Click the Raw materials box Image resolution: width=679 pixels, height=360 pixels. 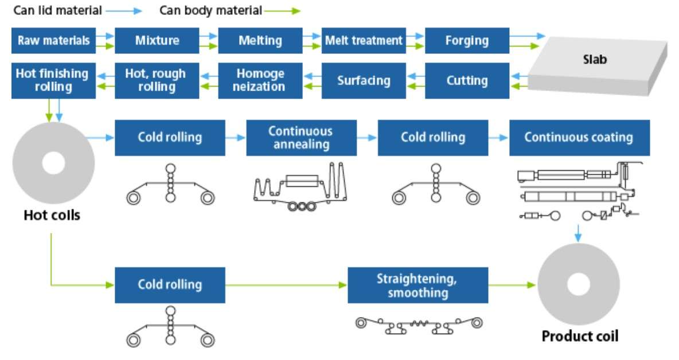click(53, 41)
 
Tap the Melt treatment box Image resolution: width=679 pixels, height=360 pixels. click(364, 41)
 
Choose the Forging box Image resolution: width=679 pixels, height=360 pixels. click(467, 41)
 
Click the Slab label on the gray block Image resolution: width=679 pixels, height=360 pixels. click(595, 59)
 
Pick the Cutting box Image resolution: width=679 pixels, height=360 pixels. click(467, 80)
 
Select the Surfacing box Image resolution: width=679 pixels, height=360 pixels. click(364, 80)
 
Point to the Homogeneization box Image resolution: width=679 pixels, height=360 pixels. click(260, 80)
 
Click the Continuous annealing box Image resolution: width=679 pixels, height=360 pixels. click(301, 138)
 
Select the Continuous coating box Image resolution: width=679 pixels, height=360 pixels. click(579, 138)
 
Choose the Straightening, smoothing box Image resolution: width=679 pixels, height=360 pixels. click(417, 285)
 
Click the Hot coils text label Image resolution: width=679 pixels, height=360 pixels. click(52, 216)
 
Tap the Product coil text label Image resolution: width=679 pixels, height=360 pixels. click(580, 336)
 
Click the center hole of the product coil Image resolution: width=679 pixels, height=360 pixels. click(578, 284)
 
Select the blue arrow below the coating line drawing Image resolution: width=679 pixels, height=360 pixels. click(579, 233)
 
